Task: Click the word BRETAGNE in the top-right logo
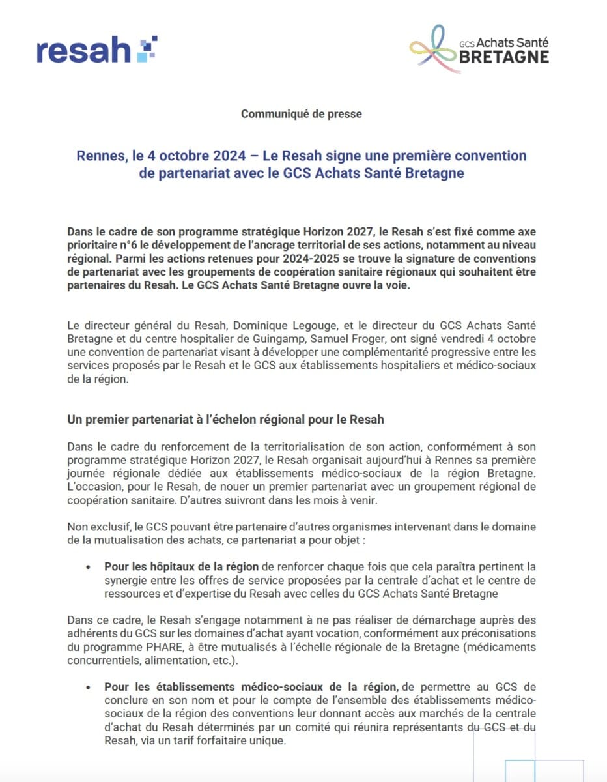[503, 57]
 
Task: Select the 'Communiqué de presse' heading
[302, 113]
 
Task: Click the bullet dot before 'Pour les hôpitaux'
[88, 568]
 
